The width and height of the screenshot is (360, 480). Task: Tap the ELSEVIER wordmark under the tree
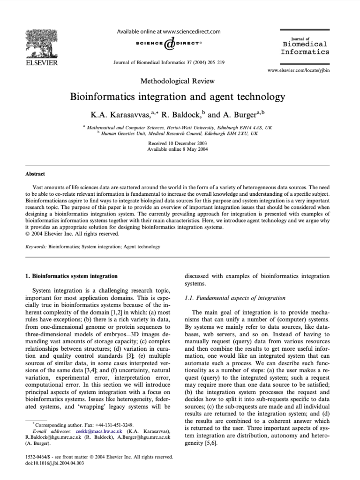41,62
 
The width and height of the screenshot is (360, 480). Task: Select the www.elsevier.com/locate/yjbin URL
298,71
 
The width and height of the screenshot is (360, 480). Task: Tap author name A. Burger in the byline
238,114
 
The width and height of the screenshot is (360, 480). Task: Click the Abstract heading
35,173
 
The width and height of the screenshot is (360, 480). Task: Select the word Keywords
35,246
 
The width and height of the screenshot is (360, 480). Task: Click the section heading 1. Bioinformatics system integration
71,276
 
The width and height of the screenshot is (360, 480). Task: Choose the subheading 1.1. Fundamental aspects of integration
235,298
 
